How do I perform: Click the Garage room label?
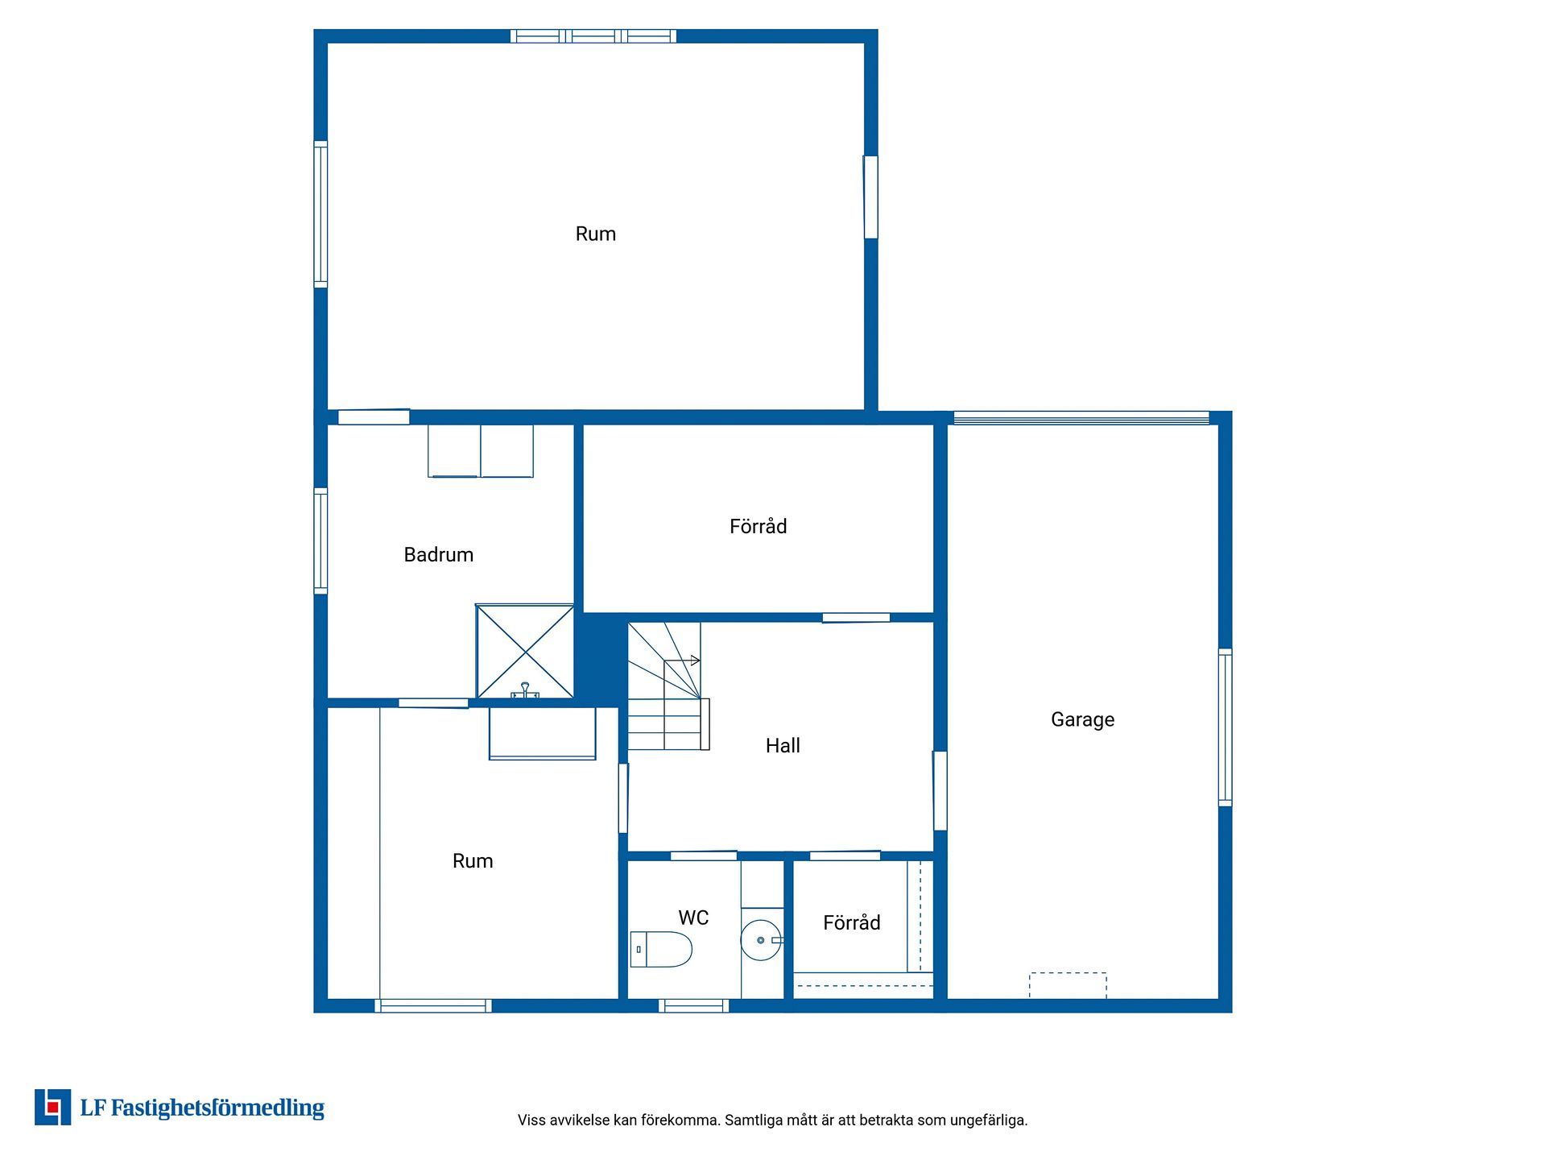[1082, 719]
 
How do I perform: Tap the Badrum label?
[438, 554]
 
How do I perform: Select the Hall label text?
[783, 745]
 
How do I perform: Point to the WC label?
[693, 918]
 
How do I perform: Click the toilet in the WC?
[661, 949]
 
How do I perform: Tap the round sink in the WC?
[761, 940]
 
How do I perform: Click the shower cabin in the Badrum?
[525, 651]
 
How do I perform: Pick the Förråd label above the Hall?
[758, 526]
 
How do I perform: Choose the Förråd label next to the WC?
[851, 922]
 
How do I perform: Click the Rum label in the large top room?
[595, 234]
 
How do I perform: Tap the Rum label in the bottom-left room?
[473, 861]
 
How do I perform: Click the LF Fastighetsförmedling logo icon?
[52, 1107]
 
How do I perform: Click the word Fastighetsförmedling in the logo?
[217, 1108]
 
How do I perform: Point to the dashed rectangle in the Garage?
[1068, 986]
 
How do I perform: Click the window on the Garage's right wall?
[1225, 727]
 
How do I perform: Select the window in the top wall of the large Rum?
[593, 36]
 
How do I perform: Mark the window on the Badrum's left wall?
[320, 541]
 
